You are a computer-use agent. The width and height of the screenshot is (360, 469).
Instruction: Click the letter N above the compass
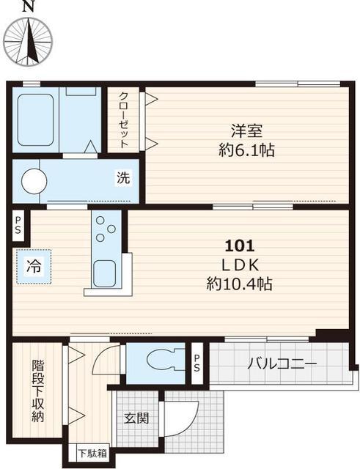pos(28,7)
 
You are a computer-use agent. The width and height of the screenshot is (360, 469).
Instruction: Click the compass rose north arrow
pos(29,40)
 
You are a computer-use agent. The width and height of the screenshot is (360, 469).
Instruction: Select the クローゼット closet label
pos(123,120)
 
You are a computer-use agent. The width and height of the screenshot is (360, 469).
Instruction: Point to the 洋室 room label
pos(247,132)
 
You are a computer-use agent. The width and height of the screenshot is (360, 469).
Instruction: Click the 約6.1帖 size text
pos(247,150)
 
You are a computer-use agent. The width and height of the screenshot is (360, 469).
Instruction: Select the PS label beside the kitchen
pos(18,225)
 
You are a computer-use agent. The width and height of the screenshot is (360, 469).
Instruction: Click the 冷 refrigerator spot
pos(34,266)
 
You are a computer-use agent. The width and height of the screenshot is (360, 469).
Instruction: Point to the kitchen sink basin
pos(104,273)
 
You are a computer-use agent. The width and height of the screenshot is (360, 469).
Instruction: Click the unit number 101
pos(240,246)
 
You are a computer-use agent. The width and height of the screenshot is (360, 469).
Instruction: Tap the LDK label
pos(240,265)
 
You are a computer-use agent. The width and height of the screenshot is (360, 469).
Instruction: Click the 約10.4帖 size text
pos(239,284)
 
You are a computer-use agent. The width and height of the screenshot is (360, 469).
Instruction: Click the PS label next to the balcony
pos(196,363)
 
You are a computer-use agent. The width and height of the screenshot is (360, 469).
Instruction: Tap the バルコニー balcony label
pos(282,364)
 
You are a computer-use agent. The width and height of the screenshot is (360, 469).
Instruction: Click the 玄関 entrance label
pos(136,418)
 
